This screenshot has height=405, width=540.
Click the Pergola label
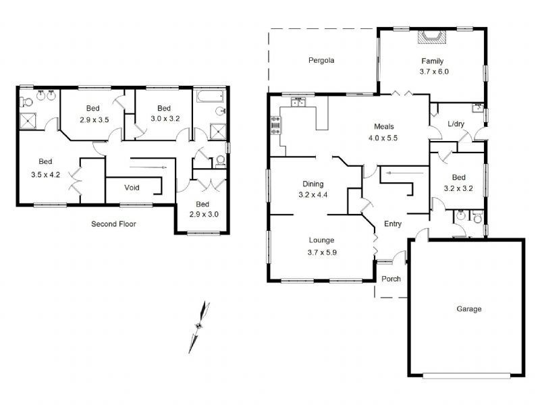pos(321,61)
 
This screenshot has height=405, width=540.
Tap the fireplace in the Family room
pos(431,37)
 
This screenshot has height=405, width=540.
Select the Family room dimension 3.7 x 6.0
pos(434,72)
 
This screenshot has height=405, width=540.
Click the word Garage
pos(468,309)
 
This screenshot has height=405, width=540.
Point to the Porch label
pos(391,279)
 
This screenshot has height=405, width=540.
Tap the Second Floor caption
pos(113,224)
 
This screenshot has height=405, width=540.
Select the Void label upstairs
pos(132,188)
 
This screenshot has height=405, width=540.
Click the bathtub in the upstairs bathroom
pos(210,96)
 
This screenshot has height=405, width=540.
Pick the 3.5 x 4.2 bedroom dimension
pos(45,175)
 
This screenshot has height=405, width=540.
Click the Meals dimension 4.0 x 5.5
pos(383,138)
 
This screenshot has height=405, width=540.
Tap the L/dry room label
pos(456,124)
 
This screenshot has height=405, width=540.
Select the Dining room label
pos(313,184)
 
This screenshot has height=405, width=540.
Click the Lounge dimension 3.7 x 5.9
pos(322,252)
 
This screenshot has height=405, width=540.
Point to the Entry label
pos(393,224)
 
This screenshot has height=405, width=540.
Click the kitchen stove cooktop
pos(276,126)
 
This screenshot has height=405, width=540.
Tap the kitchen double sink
pos(298,103)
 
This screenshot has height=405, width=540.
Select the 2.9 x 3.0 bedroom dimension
pos(204,214)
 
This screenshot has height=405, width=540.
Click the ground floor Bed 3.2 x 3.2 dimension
pos(458,188)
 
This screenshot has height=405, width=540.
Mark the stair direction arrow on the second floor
pos(148,167)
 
